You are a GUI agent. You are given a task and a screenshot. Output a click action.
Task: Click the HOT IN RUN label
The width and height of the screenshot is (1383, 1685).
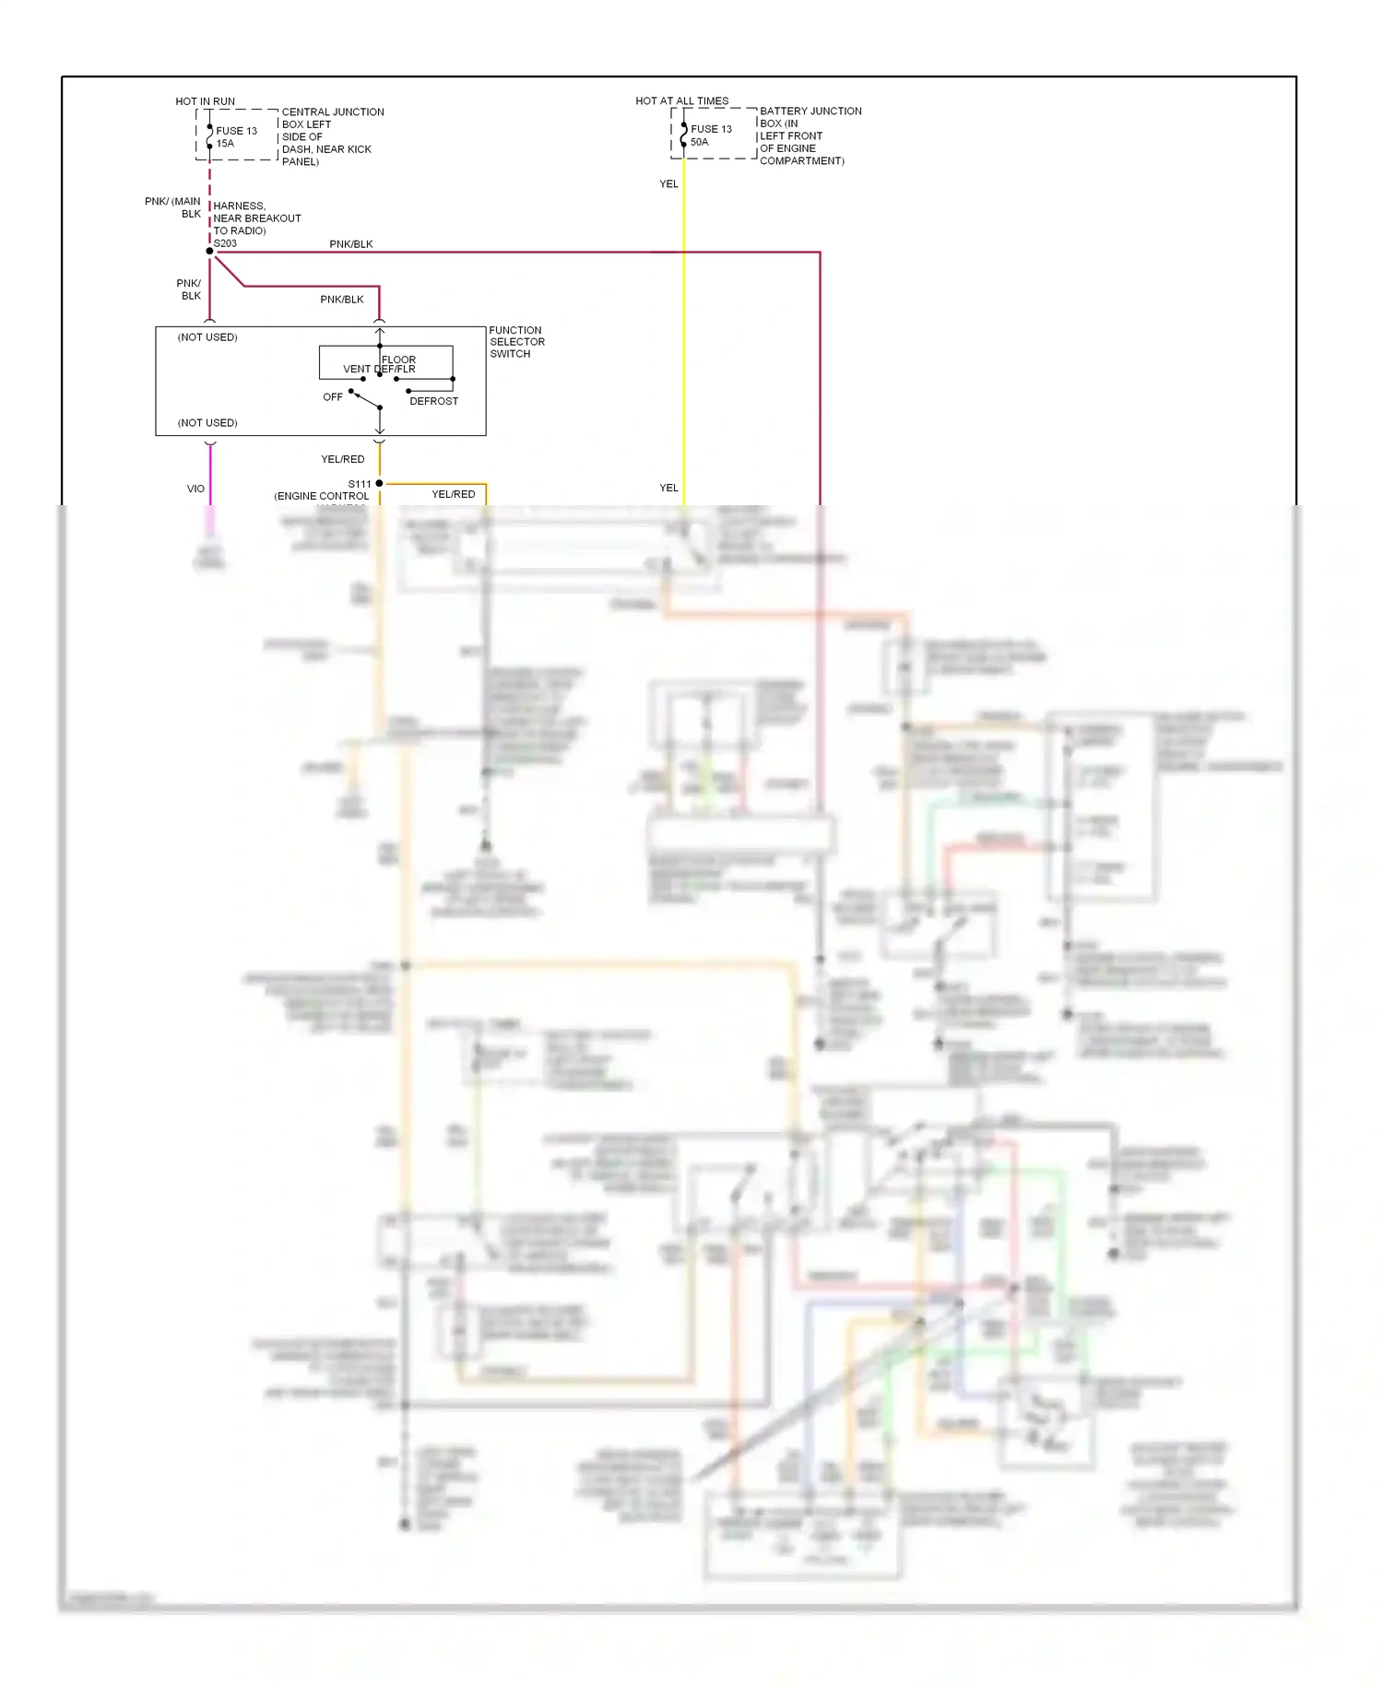click(x=205, y=101)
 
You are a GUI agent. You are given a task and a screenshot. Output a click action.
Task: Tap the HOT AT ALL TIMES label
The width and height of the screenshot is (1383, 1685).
click(x=681, y=100)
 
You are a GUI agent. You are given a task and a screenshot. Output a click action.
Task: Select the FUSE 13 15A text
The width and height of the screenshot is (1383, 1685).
click(x=236, y=136)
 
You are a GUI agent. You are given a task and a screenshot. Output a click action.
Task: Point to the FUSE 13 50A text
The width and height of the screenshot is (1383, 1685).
click(x=710, y=136)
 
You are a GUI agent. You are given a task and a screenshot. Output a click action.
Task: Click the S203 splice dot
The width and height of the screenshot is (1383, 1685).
click(x=209, y=251)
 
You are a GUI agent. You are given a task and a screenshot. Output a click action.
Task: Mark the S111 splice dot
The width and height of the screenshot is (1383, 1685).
click(x=379, y=483)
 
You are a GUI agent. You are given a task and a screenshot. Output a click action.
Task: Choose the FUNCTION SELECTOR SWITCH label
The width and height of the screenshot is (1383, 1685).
click(x=516, y=342)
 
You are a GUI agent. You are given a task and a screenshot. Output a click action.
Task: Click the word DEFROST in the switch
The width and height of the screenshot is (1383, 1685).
click(x=433, y=401)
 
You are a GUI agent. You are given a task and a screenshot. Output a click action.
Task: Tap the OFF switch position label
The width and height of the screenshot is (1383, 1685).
click(x=333, y=397)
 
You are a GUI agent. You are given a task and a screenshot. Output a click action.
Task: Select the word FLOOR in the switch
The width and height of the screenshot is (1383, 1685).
click(x=399, y=359)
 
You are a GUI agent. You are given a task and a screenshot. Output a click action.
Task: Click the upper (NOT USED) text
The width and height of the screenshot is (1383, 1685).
click(x=207, y=337)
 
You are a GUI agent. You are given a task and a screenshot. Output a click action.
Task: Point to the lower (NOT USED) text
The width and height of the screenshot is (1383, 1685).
click(x=207, y=423)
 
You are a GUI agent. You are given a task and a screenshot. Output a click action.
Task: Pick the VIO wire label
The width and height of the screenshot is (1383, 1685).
click(x=195, y=489)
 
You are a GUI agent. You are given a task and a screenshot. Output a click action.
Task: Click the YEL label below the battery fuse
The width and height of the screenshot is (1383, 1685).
click(x=668, y=184)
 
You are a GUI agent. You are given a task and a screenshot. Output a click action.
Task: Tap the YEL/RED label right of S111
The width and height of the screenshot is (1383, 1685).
click(x=454, y=495)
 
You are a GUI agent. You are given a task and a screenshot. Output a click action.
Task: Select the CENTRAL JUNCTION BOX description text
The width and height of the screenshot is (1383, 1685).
click(x=332, y=136)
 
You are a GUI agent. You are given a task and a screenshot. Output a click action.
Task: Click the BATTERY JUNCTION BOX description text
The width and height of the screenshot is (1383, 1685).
click(x=810, y=136)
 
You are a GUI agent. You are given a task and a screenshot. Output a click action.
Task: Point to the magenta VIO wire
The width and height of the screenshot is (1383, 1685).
click(x=210, y=475)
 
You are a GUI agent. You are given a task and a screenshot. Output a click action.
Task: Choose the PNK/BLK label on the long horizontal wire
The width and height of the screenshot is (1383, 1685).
click(x=351, y=244)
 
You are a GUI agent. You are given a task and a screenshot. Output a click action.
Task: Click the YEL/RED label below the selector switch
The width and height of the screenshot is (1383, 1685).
click(x=342, y=459)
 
